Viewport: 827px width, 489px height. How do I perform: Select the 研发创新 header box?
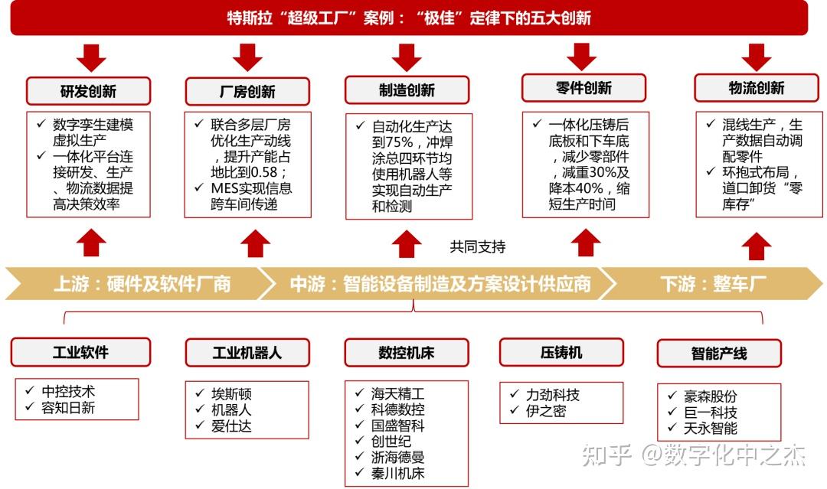tap(88, 91)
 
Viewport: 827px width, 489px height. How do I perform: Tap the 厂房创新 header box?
tap(247, 91)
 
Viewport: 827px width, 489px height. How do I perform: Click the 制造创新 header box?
tap(407, 90)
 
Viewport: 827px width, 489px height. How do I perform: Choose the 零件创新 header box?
tap(583, 87)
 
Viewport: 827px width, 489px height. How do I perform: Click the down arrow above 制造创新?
tap(407, 57)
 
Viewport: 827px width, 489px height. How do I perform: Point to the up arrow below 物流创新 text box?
tap(757, 246)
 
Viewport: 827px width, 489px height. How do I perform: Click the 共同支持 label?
tap(478, 246)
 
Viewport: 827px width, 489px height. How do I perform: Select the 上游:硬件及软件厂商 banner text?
tap(142, 284)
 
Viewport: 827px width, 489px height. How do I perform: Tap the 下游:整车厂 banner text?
tap(713, 284)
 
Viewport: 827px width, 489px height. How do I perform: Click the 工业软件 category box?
tap(80, 352)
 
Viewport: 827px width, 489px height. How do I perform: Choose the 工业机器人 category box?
tap(247, 353)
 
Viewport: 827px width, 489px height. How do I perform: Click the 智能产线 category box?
tap(718, 354)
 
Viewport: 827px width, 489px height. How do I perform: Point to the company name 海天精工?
tap(397, 393)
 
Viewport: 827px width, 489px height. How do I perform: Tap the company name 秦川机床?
tap(397, 473)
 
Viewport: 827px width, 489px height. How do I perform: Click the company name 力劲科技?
tap(552, 394)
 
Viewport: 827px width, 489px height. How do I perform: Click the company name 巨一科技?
tap(711, 412)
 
